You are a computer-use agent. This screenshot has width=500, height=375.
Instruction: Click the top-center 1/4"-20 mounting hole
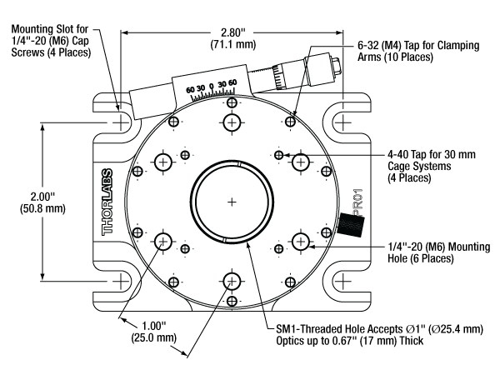(232, 123)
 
